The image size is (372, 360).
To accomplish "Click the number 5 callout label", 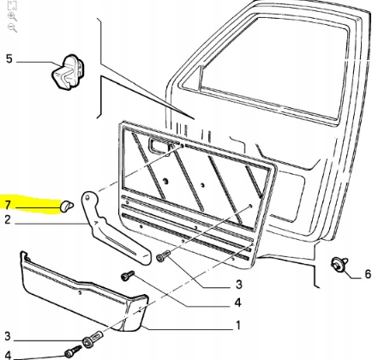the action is tap(9, 59).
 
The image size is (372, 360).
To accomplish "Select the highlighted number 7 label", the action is tap(8, 205).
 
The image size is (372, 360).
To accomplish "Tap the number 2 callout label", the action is tap(8, 219).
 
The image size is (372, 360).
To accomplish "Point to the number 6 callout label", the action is tap(368, 274).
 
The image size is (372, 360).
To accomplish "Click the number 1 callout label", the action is tap(238, 325).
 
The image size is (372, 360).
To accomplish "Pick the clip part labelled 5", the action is tap(69, 71).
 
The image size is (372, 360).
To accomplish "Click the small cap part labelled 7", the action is tap(67, 206).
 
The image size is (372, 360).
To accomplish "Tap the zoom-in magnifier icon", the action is tap(12, 17).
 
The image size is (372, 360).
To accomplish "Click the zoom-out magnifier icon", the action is tap(12, 28).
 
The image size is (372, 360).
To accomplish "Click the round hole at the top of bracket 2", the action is tap(88, 197).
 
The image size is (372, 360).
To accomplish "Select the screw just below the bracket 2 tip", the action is tap(163, 255).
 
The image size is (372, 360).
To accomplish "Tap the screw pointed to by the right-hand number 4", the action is tap(128, 275).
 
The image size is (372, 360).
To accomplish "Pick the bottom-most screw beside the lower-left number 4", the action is tap(73, 351).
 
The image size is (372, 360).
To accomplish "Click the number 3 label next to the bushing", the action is tap(8, 336).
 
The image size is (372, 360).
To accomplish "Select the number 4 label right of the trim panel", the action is tap(238, 302).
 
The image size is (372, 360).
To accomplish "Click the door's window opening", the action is tap(274, 67).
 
